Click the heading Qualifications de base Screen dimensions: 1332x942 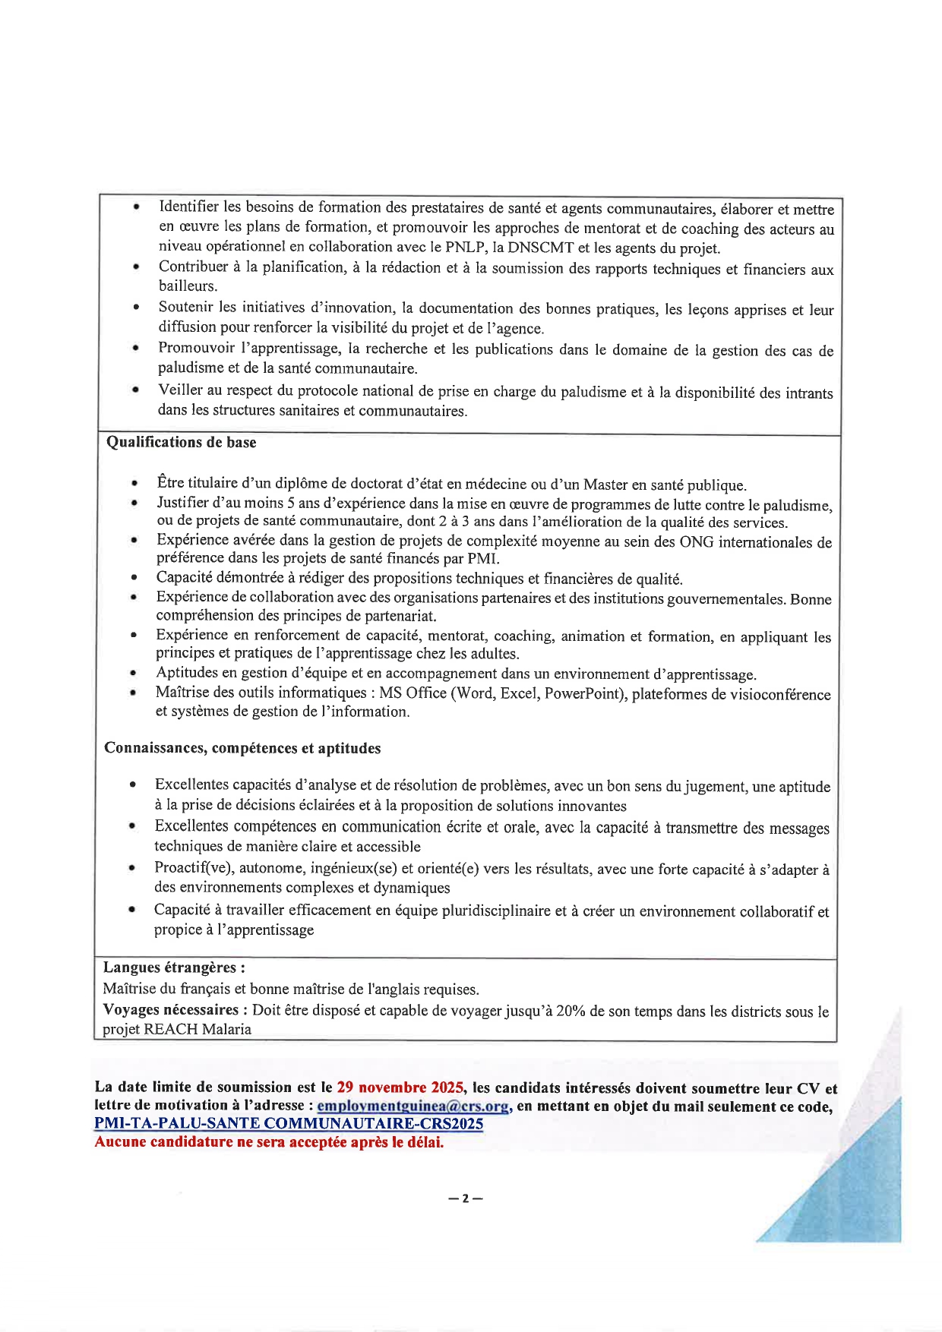tap(181, 442)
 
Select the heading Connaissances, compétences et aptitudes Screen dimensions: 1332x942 tap(242, 748)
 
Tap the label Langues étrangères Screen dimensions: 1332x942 tap(174, 967)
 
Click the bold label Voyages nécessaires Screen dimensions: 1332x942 tap(171, 1010)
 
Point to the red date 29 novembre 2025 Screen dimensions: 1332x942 tap(400, 1087)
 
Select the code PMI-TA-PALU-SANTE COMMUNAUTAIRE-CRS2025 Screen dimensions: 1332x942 tap(289, 1124)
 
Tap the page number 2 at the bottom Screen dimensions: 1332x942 tap(466, 1199)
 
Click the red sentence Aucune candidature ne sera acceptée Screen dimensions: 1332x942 tap(269, 1142)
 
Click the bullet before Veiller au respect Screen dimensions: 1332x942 tap(135, 390)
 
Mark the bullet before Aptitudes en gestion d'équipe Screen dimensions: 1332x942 tap(133, 674)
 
